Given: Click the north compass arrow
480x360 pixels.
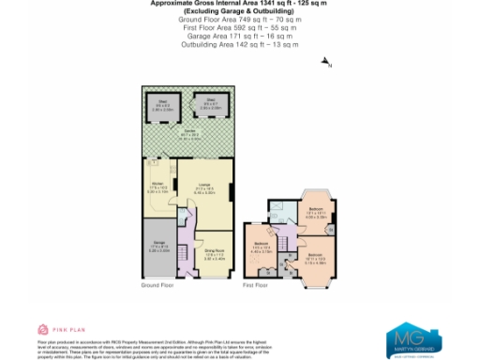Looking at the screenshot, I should (325, 63).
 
